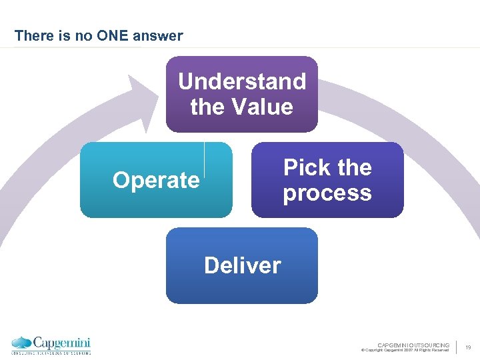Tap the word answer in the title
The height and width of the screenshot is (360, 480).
click(159, 36)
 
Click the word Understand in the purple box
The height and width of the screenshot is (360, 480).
click(242, 81)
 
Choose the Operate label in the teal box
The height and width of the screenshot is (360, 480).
click(156, 180)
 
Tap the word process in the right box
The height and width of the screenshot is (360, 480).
click(327, 193)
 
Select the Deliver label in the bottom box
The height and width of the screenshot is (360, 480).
click(242, 265)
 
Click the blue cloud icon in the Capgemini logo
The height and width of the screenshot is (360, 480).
click(21, 343)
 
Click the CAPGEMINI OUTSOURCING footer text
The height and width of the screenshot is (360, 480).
click(413, 345)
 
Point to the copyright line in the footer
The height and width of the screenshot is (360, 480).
click(405, 350)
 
